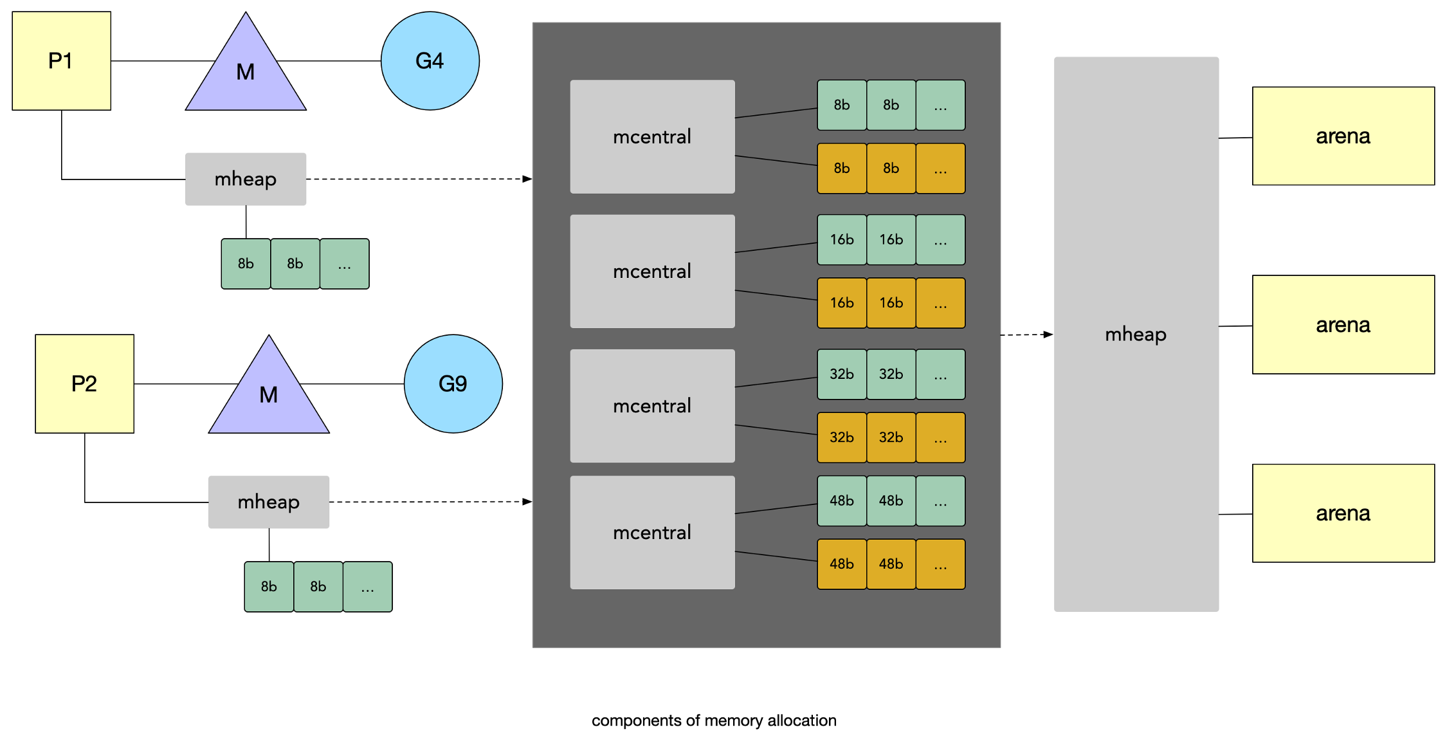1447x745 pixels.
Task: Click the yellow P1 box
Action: [x=62, y=61]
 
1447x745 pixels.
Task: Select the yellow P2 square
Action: [x=85, y=384]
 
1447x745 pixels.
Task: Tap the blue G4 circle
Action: [x=430, y=61]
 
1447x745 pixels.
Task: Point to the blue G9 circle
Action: [x=453, y=384]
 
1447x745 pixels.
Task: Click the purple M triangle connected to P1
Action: [x=246, y=71]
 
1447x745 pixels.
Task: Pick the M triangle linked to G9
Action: [x=269, y=394]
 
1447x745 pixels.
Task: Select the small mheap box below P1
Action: [x=246, y=179]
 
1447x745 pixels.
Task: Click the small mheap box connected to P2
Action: [x=269, y=502]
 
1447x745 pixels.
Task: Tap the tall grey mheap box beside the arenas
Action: [x=1136, y=335]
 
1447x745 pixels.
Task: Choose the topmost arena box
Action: [x=1343, y=136]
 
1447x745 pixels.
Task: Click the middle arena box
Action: [x=1343, y=325]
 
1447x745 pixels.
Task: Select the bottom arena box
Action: [x=1343, y=513]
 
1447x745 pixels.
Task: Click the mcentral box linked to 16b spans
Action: [x=652, y=271]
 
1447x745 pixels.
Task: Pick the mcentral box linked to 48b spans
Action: [x=652, y=533]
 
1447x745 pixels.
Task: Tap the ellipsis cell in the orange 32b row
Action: [x=941, y=437]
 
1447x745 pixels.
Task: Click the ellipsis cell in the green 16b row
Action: [x=941, y=240]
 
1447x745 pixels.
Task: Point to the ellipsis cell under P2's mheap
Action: [x=368, y=587]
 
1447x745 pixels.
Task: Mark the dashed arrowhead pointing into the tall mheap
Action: [x=1048, y=335]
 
